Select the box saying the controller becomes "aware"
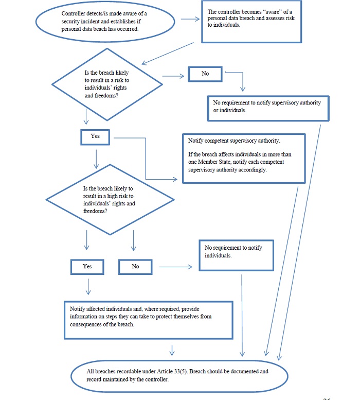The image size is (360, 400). tap(250, 22)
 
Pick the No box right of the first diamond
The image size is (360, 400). tap(205, 74)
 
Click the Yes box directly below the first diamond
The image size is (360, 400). tap(96, 136)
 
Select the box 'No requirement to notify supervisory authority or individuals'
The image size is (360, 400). tap(267, 107)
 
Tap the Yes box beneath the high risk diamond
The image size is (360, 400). tap(87, 266)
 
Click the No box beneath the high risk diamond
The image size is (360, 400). tap(135, 266)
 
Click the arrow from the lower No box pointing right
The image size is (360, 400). tap(175, 267)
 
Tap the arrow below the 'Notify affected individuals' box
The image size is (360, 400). tap(172, 351)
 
